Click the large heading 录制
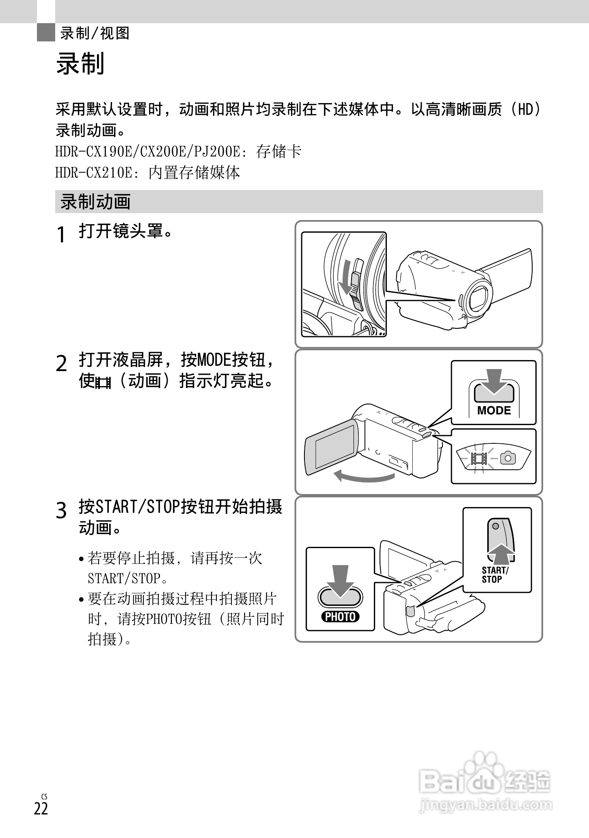pos(80,64)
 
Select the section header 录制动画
pos(95,202)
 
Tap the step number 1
pos(61,235)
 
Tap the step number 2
pos(61,363)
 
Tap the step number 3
pos(61,510)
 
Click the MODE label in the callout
pos(494,410)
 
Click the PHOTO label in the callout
pos(340,617)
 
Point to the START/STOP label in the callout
pos(494,575)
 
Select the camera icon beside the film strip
pos(508,458)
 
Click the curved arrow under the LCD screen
pos(364,477)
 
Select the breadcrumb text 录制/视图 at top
pos(95,33)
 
